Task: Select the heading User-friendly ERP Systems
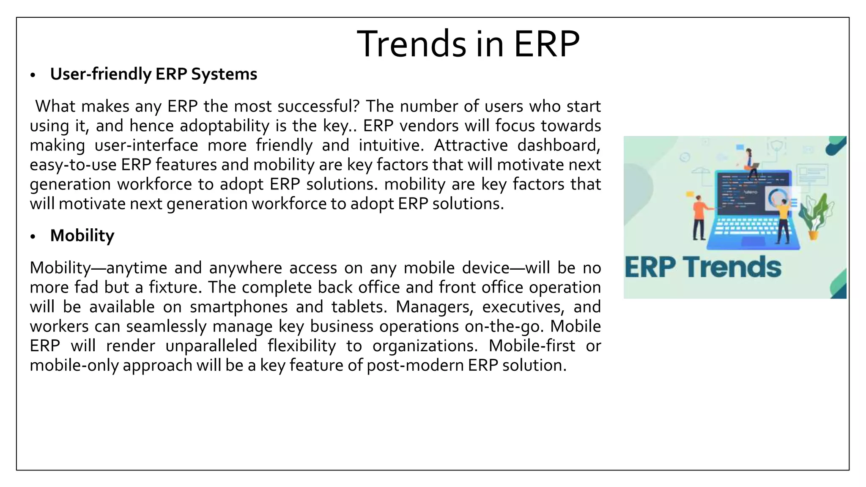(x=153, y=74)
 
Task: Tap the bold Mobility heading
(x=82, y=235)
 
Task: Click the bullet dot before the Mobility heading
(x=33, y=237)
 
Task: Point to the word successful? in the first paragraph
(x=318, y=106)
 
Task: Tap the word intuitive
(x=391, y=145)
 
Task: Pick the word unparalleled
(x=211, y=346)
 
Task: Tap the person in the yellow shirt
(x=783, y=220)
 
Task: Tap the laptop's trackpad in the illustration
(x=753, y=241)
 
